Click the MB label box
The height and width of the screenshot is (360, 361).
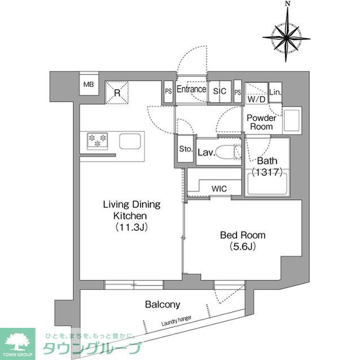coord(89,85)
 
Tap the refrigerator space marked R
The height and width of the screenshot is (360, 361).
coord(117,92)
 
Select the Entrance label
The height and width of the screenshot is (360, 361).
coord(191,90)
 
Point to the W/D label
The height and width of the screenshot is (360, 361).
coord(257,99)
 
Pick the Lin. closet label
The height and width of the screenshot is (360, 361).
coord(275,92)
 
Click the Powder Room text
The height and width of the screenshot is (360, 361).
coord(261,122)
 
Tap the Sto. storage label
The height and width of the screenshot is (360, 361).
coord(186,150)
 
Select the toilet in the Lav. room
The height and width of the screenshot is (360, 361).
coord(229,152)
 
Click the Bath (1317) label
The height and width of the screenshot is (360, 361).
coord(267,166)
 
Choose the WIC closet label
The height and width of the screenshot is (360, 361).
coord(220,189)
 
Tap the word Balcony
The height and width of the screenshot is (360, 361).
coord(162,305)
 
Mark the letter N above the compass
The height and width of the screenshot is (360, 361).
coord(288,4)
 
